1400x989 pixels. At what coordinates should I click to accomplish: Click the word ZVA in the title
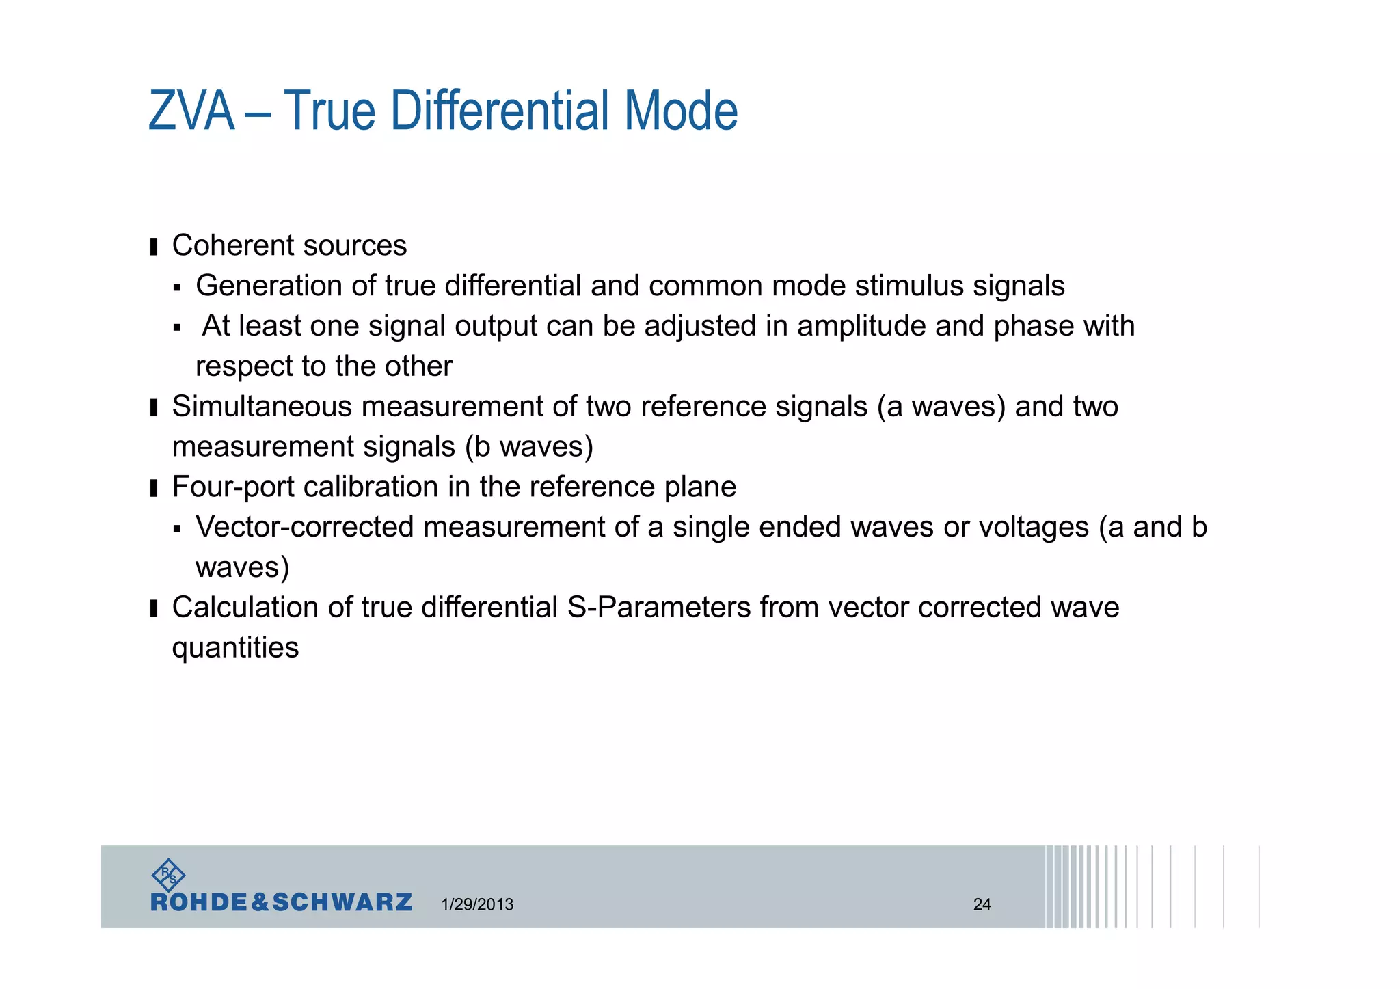[191, 111]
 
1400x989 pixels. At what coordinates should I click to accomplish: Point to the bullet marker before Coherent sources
[154, 246]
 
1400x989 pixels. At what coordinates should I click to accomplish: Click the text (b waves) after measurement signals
[529, 447]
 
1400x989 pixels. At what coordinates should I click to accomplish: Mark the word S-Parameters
[659, 608]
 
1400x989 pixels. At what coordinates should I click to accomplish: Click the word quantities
[235, 648]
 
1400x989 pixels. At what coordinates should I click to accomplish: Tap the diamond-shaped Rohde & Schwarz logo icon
[168, 875]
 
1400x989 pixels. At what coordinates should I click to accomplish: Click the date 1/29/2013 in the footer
[477, 904]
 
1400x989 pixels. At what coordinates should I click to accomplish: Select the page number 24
[982, 904]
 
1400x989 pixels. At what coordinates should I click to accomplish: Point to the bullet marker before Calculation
[154, 608]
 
